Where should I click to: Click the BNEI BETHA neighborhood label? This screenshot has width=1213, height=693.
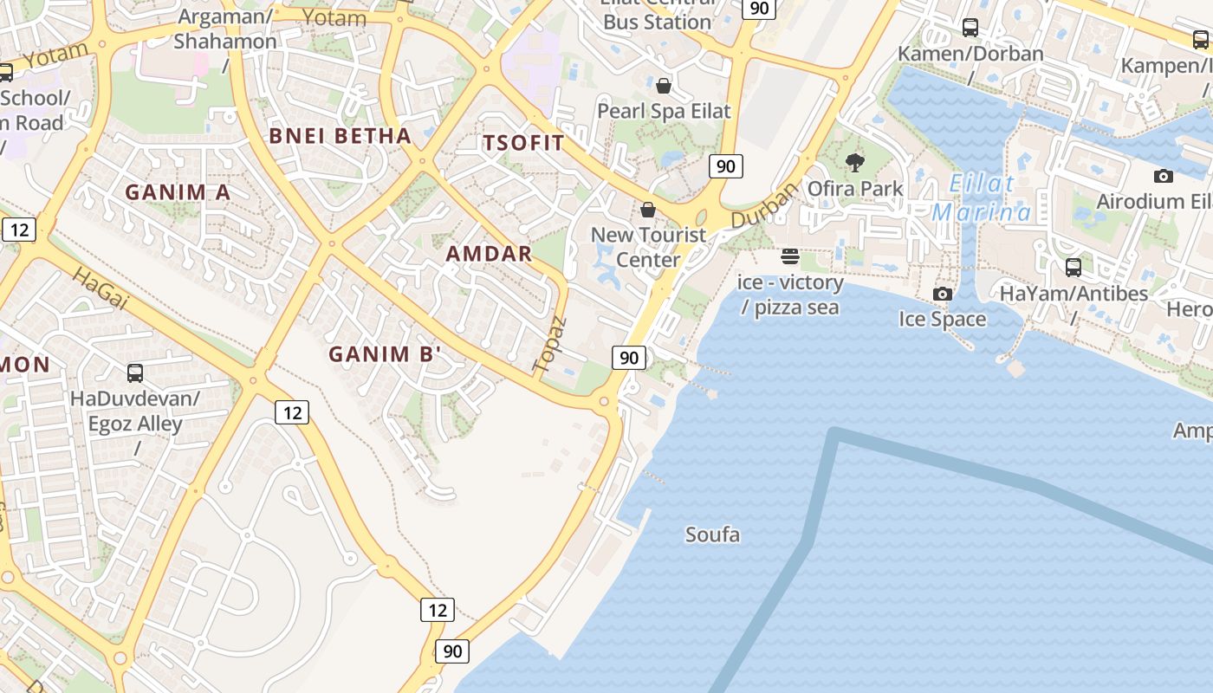(340, 135)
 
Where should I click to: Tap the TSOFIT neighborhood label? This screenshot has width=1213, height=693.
(523, 143)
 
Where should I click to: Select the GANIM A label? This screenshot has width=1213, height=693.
(178, 192)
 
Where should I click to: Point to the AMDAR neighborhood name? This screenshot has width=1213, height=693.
(489, 254)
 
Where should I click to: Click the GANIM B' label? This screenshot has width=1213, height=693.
(385, 353)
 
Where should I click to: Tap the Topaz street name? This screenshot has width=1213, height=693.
(550, 345)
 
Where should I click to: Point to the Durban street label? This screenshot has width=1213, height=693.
(762, 206)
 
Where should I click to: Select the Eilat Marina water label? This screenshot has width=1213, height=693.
(982, 198)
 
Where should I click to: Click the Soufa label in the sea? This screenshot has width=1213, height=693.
(712, 534)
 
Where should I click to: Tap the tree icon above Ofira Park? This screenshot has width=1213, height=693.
(855, 162)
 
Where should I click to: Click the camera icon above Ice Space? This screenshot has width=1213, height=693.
(943, 294)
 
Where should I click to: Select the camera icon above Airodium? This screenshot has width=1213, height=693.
(1163, 176)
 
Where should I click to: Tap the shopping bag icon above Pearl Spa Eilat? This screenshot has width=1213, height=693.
(664, 85)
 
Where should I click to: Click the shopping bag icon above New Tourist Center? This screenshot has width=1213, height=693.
(647, 210)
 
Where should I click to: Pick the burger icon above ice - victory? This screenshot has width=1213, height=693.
(789, 256)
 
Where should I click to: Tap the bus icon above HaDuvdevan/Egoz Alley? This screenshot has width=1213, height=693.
(135, 373)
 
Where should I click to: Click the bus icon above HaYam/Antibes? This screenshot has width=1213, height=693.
(1074, 268)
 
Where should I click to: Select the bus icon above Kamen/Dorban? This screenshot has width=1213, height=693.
(970, 27)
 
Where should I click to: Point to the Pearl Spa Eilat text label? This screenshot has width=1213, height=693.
(664, 111)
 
